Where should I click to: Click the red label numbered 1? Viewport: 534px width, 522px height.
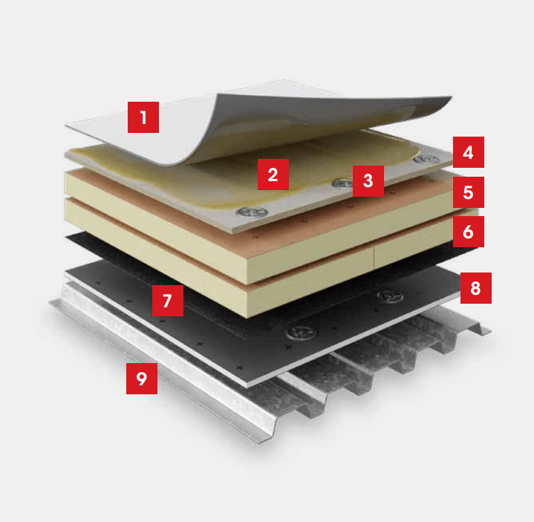143,117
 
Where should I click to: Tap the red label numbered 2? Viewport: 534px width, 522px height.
273,174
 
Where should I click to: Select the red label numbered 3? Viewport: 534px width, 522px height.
368,181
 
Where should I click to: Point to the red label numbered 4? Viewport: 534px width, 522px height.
469,152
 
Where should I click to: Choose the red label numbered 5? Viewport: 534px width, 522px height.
469,192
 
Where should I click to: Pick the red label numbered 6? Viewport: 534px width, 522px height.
469,232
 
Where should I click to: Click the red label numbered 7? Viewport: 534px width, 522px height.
168,301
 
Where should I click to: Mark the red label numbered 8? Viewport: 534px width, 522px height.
476,288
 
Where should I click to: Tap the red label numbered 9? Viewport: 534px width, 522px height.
142,379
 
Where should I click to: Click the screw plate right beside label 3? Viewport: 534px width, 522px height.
342,183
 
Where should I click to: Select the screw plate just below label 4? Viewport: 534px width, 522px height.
427,159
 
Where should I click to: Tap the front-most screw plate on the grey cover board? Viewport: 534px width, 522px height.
252,212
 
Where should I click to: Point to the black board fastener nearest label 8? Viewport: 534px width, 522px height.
390,296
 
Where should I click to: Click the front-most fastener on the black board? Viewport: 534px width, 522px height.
301,332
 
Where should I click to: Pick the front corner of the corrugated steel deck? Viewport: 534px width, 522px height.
260,443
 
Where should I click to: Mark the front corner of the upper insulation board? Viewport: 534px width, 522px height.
246,284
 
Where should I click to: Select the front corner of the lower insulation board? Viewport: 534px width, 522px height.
246,317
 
